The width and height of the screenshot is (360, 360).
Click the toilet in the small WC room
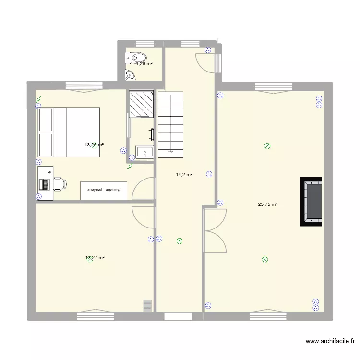click(x=131, y=58)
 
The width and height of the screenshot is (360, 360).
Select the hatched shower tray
click(x=141, y=104)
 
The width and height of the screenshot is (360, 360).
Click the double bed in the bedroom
click(x=70, y=132)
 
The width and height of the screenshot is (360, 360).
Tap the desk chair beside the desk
click(x=58, y=183)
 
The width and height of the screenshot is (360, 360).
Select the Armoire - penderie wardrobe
click(x=105, y=190)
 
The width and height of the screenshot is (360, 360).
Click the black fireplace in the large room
click(x=311, y=201)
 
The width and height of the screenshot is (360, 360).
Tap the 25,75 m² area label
click(x=268, y=204)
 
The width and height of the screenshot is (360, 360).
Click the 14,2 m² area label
click(x=184, y=175)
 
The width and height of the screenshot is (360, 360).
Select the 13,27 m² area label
click(x=95, y=258)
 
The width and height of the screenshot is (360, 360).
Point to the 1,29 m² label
click(x=144, y=63)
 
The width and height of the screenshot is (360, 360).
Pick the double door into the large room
click(x=214, y=230)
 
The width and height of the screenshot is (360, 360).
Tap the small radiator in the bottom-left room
click(x=147, y=305)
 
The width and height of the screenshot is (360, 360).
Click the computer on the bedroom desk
click(x=44, y=183)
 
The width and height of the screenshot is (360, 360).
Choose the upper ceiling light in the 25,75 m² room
click(x=267, y=146)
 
